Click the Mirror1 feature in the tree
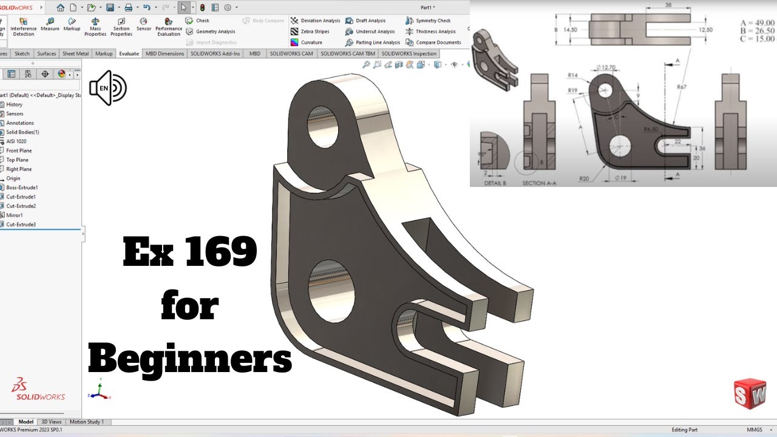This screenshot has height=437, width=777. (15, 215)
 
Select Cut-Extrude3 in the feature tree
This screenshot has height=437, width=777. (21, 225)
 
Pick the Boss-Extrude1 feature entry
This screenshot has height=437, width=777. (22, 188)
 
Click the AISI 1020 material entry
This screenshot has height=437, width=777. (16, 141)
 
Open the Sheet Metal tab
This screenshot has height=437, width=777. (75, 53)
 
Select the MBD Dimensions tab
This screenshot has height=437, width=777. (165, 53)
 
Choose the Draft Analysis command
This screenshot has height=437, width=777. (370, 21)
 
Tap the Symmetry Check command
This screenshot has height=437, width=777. (433, 21)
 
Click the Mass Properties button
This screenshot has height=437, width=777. (95, 27)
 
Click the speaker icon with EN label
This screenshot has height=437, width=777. (107, 88)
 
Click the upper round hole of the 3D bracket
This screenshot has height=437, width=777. (322, 126)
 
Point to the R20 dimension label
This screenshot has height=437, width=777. (585, 178)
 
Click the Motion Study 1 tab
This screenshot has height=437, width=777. (87, 422)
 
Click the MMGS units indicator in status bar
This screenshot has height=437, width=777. (755, 430)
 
